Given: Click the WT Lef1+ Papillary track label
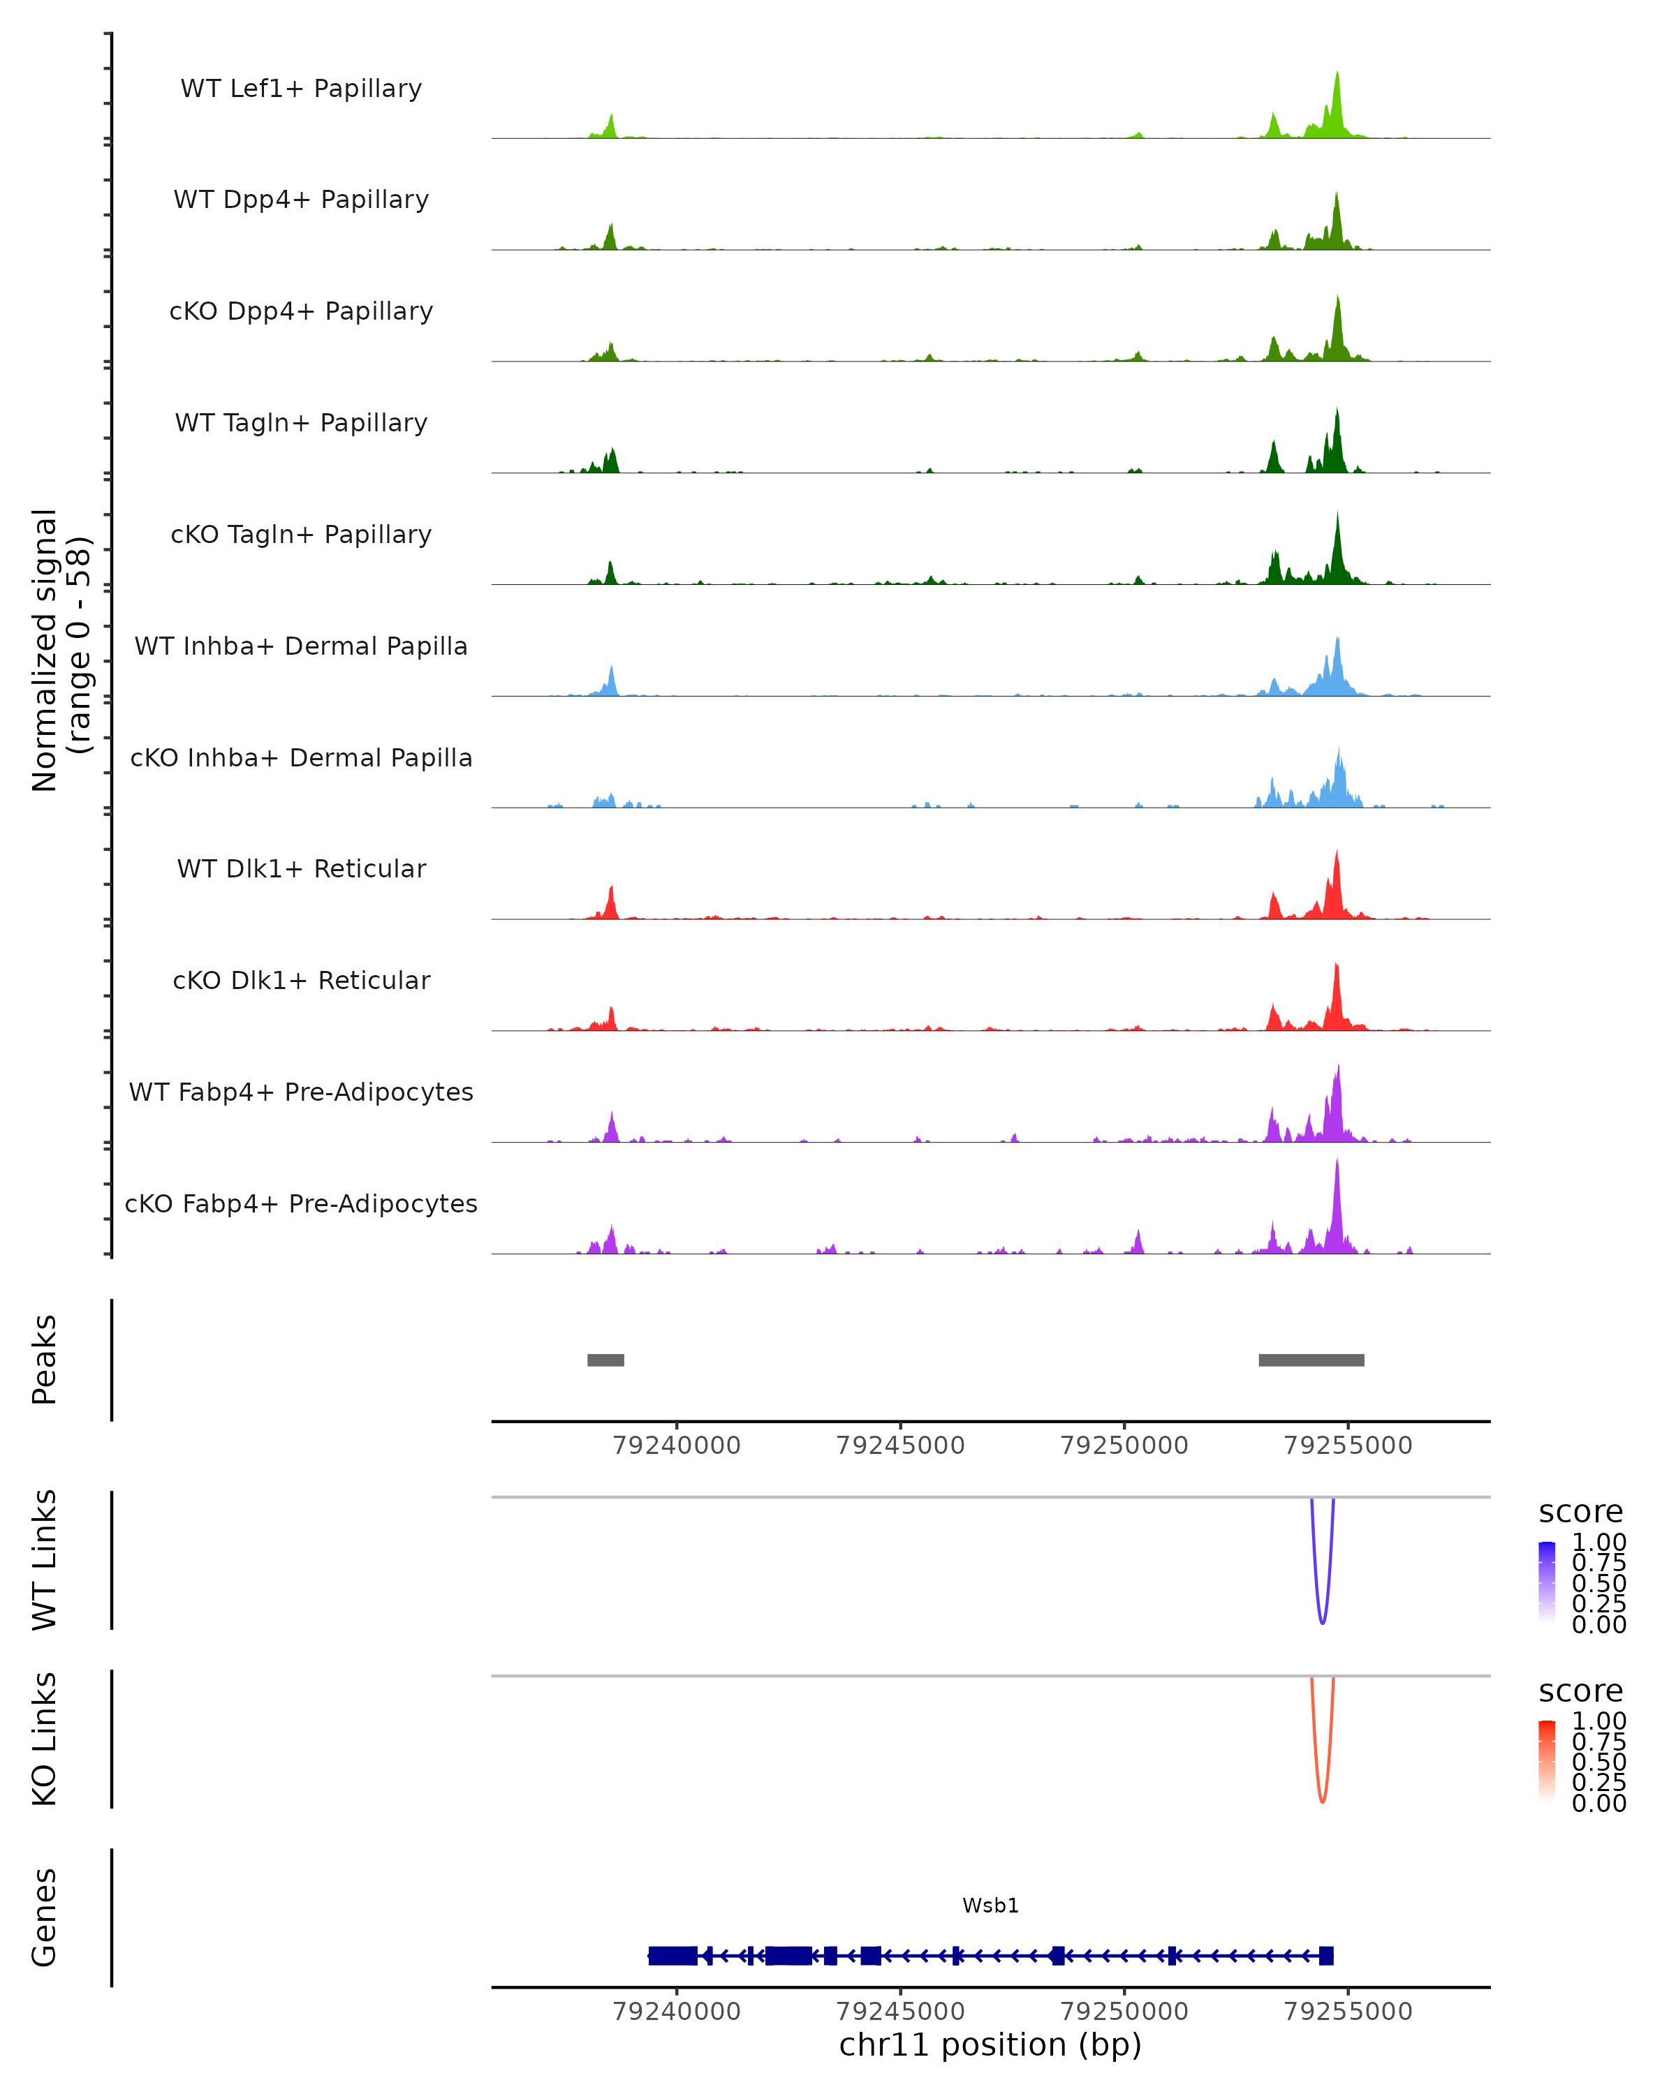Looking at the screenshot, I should coord(301,89).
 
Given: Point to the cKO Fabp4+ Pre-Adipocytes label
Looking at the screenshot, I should coord(301,1203).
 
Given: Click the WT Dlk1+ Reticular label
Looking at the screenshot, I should coord(301,868).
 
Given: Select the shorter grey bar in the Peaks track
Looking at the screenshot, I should coord(605,1360).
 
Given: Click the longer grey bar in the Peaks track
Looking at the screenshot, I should coord(1311,1360).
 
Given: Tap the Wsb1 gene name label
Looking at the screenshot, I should coord(990,1906).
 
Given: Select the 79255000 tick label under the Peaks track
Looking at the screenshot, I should coord(1348,1446).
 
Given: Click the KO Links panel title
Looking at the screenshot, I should coord(45,1739).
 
